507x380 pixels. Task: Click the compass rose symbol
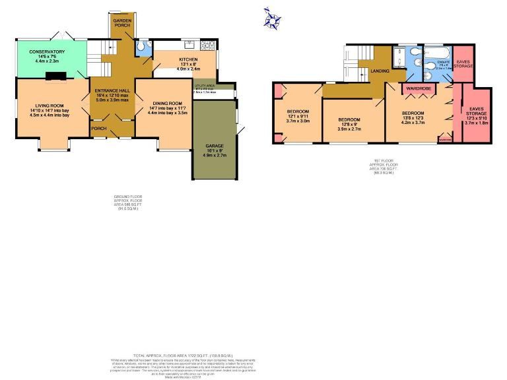click(272, 18)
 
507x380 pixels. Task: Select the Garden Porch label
click(122, 24)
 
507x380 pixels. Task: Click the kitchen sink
click(187, 46)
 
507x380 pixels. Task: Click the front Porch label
click(99, 128)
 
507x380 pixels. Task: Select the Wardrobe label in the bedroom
click(419, 88)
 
